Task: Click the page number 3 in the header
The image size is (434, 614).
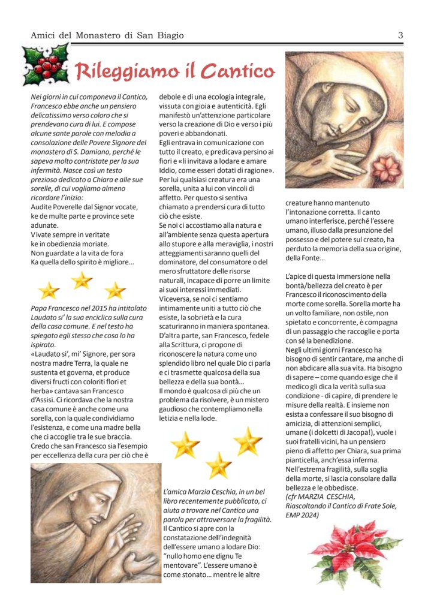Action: pos(400,35)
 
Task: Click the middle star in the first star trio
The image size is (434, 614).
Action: pos(82,279)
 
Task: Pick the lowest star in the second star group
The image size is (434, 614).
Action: pos(218,465)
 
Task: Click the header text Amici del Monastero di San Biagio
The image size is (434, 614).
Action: pos(107,35)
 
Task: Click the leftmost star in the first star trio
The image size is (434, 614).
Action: pos(49,291)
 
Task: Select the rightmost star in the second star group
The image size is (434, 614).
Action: pos(247,441)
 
